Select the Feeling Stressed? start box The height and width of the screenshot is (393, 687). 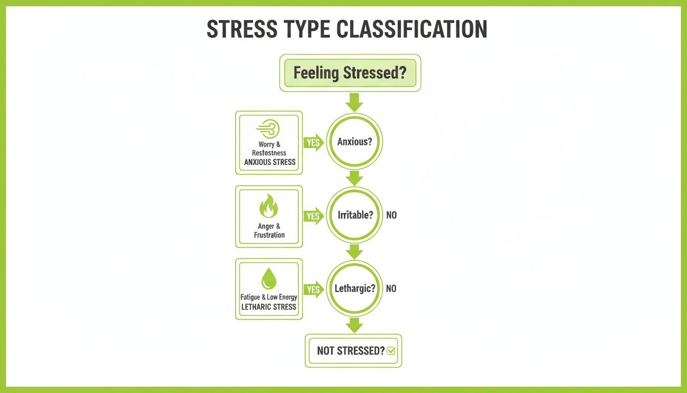pos(350,73)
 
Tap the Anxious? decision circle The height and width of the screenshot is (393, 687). pos(354,142)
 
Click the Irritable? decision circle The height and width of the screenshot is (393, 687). pos(354,215)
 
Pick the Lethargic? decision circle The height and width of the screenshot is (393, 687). pos(354,289)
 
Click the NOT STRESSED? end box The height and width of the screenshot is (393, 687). pos(353,351)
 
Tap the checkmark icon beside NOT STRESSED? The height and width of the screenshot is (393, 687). pos(391,351)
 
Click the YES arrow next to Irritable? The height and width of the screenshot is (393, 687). pos(313,216)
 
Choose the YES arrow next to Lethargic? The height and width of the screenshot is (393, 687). pos(313,290)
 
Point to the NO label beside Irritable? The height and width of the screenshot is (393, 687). pos(391,215)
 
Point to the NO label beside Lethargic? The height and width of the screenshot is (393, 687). pos(391,289)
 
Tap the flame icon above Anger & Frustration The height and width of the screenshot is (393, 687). pos(269,207)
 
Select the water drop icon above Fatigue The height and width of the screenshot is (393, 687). pos(269,279)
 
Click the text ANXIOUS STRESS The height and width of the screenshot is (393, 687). pos(269,162)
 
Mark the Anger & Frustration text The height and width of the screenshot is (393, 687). pos(269,231)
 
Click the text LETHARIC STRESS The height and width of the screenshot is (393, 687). pos(269,307)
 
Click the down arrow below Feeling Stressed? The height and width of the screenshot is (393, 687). pos(354,102)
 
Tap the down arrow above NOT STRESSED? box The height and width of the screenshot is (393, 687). pos(354,324)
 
